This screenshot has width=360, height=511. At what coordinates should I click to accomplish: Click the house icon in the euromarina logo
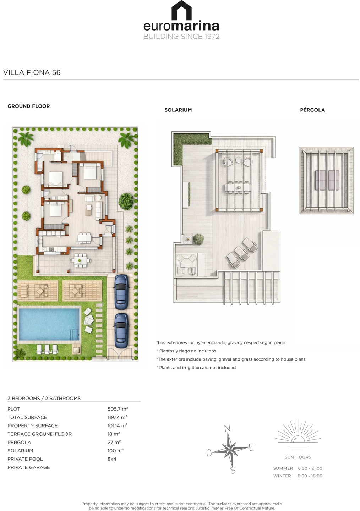tap(181, 10)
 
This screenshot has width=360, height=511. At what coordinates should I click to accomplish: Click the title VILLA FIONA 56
tap(32, 72)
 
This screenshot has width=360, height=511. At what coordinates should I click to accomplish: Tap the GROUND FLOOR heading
tap(28, 106)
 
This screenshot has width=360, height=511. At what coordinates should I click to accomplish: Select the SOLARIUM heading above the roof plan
tap(178, 110)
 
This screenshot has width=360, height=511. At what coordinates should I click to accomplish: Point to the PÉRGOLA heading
tap(312, 110)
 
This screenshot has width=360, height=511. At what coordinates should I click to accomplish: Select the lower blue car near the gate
tap(121, 331)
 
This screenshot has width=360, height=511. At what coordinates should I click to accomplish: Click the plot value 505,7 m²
tap(118, 409)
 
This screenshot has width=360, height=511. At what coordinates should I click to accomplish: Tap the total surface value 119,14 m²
tap(117, 417)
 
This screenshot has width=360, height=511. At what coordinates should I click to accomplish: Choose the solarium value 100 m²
tap(115, 451)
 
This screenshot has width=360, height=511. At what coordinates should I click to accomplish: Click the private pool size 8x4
tap(112, 459)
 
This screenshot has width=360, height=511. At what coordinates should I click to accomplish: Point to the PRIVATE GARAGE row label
tap(28, 467)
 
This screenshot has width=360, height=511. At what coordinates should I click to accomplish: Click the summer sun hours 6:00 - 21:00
tap(310, 468)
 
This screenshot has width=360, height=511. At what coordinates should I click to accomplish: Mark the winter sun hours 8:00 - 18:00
tap(310, 476)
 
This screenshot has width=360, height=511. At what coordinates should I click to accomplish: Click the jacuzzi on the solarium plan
tap(186, 263)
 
